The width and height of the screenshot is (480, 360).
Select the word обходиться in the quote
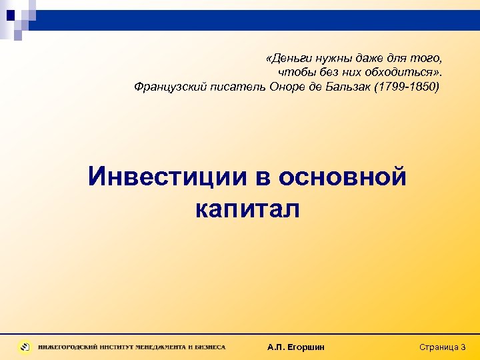pos(397,72)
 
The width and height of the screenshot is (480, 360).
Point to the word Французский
pos(167,87)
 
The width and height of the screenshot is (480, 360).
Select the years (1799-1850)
pos(411,87)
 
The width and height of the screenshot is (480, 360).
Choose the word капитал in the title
pos(248,209)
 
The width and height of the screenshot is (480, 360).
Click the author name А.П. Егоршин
pos(295,347)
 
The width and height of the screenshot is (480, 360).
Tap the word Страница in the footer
pos(438,347)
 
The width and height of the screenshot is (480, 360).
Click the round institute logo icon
pos(25,347)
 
